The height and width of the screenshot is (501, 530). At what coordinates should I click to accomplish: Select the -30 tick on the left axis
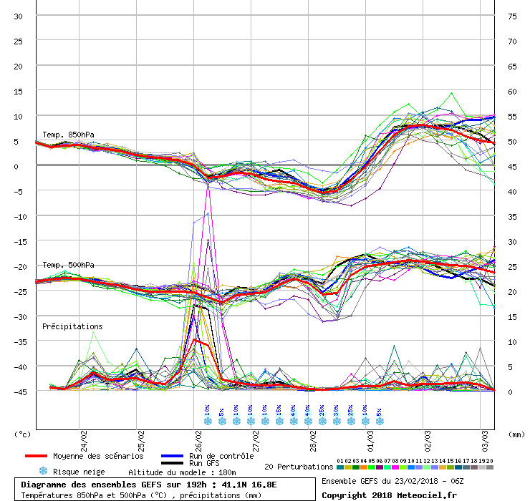coord(19,316)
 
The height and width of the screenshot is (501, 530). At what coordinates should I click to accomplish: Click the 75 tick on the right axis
coord(512,16)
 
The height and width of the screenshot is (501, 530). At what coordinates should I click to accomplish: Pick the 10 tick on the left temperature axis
coord(19,116)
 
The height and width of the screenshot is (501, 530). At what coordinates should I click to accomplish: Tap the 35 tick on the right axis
coord(512,216)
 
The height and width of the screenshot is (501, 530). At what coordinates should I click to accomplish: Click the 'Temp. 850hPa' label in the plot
coord(68,135)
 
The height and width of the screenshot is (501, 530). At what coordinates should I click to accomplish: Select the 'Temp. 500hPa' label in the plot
coord(68,265)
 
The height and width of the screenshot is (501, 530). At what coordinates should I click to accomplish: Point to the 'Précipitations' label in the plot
coord(72,326)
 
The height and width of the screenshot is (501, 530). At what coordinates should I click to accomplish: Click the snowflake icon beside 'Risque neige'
coord(43,472)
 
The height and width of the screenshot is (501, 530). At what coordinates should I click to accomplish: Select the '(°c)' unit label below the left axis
coord(24,434)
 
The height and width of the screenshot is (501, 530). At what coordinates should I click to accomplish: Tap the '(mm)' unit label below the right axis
coord(517,434)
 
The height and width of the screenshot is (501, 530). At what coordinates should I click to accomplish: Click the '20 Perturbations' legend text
coord(298,467)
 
